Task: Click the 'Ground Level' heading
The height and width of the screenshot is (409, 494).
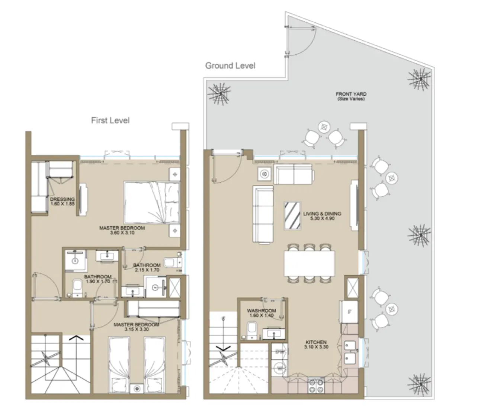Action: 230,66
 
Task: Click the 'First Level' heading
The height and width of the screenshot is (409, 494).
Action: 110,120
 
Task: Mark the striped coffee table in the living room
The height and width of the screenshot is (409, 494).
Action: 292,216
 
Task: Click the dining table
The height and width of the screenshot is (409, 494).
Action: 309,264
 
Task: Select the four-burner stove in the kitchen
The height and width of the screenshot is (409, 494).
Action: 316,385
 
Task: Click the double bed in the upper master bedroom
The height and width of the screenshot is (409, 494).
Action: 151,202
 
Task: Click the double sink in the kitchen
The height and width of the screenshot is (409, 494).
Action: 350,351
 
